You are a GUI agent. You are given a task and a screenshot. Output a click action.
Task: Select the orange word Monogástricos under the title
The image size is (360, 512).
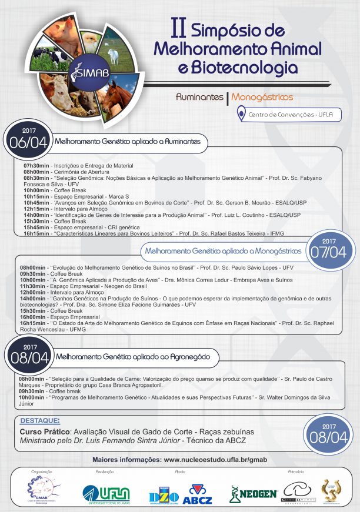pos(262,97)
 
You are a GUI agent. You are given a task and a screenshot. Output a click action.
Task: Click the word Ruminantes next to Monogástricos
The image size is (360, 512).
pos(199,97)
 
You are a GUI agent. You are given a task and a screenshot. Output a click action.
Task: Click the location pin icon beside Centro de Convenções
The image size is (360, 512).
pos(241,113)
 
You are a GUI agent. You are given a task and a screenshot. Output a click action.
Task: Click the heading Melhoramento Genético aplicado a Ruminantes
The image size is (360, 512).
pos(131,142)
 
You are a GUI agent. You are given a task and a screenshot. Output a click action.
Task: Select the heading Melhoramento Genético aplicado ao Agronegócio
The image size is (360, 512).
pos(136,356)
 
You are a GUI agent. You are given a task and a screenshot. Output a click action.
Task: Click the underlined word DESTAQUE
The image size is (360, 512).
pos(39,421)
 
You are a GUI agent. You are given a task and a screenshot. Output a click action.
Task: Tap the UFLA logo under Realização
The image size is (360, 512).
pos(106,492)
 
